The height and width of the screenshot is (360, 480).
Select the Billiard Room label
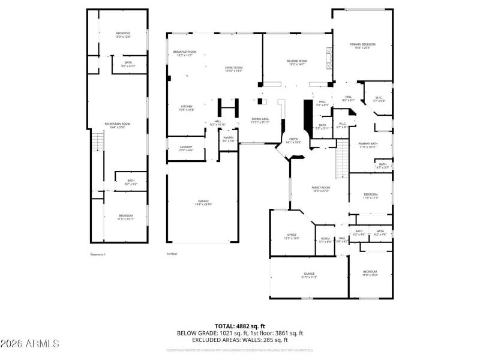[x=298, y=62]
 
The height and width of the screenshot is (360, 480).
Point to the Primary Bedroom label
[x=362, y=46]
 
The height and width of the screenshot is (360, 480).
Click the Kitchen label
[x=187, y=108]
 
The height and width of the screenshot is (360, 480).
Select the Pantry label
[x=229, y=139]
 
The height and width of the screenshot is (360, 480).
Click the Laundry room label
[x=186, y=148]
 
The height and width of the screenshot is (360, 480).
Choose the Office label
[x=292, y=236]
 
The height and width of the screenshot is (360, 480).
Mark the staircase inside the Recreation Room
[x=94, y=143]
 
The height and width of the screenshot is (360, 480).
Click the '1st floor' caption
[x=172, y=254]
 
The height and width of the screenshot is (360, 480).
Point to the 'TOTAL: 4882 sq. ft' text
[x=240, y=326]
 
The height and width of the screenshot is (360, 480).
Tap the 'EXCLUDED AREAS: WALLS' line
[x=240, y=340]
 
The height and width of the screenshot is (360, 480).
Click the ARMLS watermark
[x=30, y=344]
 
